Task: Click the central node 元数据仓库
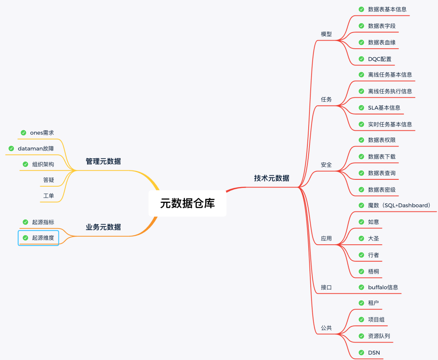[x=187, y=203]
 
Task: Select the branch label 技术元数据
[x=272, y=178]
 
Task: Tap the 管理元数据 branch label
[x=103, y=161]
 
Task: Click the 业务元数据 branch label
[x=103, y=227]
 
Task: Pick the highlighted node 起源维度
[x=39, y=238]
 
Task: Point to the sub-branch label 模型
[x=326, y=34]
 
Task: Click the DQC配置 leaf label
[x=380, y=59]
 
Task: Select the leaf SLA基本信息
[x=384, y=108]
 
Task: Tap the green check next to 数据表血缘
[x=361, y=42]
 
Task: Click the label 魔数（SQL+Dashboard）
[x=399, y=205]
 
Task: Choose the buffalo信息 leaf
[x=383, y=287]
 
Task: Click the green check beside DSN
[x=361, y=352]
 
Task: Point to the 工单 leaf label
[x=48, y=196]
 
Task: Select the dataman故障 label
[x=36, y=149]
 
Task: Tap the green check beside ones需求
[x=24, y=133]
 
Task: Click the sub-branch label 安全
[x=326, y=165]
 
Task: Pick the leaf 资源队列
[x=379, y=336]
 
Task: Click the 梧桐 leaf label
[x=374, y=271]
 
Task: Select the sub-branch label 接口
[x=326, y=287]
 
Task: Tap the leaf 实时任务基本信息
[x=390, y=124]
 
